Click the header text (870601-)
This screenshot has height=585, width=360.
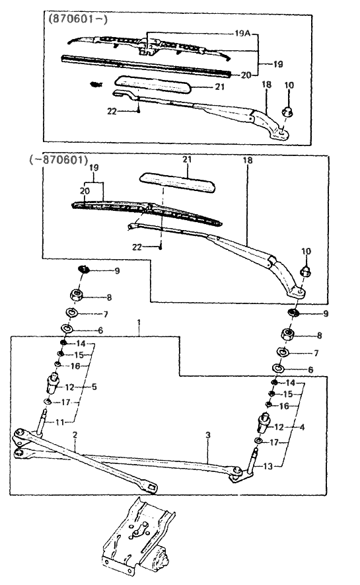[x=76, y=19]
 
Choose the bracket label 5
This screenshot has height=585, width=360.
[x=94, y=386]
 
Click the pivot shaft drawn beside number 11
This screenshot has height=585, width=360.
[x=44, y=420]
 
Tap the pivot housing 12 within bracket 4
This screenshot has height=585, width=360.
[x=262, y=420]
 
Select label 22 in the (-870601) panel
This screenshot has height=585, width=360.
[x=137, y=247]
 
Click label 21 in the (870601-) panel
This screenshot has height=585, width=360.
[x=220, y=87]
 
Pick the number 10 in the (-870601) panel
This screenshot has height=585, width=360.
[x=306, y=251]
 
